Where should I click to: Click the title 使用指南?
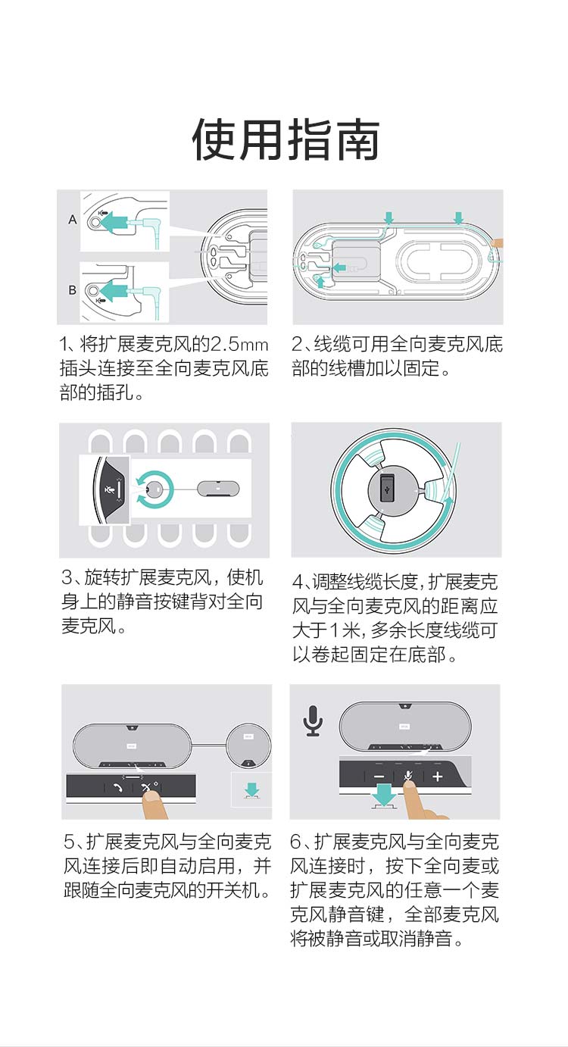286,139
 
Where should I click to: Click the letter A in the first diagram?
73,219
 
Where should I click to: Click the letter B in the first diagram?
73,290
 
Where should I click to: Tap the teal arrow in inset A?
113,221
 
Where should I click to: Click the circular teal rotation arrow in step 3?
154,490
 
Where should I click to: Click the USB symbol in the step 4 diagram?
387,490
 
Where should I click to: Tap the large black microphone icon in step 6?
313,720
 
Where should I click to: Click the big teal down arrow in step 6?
384,795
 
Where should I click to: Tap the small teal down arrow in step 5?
251,790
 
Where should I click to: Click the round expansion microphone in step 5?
248,746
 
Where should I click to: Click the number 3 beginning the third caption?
67,578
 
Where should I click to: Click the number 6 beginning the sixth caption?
295,842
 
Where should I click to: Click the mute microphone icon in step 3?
109,490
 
